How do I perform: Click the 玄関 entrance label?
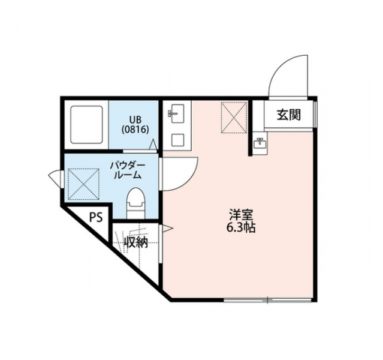click(288, 115)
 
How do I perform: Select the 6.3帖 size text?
click(241, 228)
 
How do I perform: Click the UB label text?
click(135, 120)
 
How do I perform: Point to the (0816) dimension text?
click(135, 130)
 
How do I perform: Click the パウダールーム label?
click(128, 170)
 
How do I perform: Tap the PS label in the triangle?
click(96, 217)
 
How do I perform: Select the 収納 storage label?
click(136, 242)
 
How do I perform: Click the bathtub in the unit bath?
click(86, 125)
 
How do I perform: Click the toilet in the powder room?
click(136, 203)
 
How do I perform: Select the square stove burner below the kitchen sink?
click(177, 140)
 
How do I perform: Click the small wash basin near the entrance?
click(260, 143)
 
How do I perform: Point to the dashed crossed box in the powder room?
click(83, 184)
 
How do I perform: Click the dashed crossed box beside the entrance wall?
click(234, 118)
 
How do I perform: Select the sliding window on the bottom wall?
click(268, 300)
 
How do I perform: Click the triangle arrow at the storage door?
click(168, 229)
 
